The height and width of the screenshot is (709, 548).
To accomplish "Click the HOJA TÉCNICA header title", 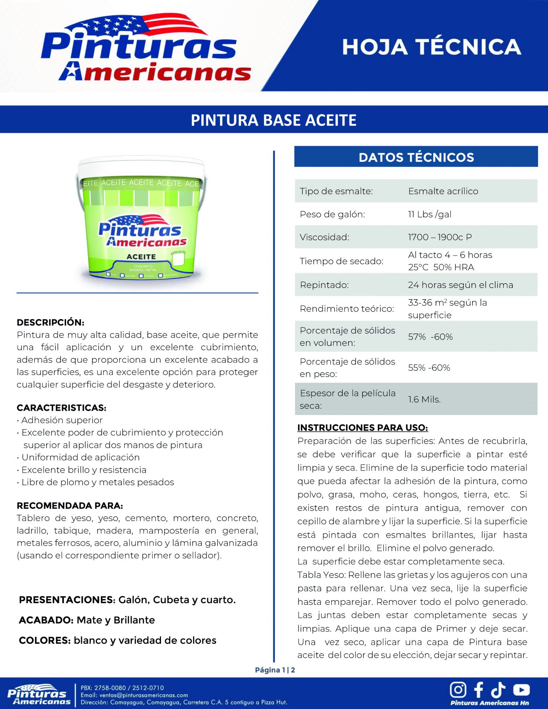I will tap(431, 47).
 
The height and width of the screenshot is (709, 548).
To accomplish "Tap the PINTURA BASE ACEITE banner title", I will tap(274, 120).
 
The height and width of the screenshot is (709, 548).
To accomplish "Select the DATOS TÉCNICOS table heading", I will tap(416, 157).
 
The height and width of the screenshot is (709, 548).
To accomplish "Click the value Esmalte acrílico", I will tap(443, 191).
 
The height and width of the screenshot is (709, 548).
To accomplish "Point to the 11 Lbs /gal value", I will tap(429, 214).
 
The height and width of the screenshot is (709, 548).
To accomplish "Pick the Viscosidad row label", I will tap(324, 237).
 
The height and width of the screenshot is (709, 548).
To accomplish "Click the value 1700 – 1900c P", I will tap(439, 237).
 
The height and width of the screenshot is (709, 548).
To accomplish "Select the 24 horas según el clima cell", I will tap(460, 285).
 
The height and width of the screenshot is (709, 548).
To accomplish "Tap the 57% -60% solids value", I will tap(430, 337).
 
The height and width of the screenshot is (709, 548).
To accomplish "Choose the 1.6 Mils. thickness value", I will tap(424, 399).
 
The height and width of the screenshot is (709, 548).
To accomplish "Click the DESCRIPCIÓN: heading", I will tap(50, 322).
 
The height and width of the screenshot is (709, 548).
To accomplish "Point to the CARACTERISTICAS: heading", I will tap(61, 408).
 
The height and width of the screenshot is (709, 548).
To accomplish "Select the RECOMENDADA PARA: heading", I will tap(70, 506).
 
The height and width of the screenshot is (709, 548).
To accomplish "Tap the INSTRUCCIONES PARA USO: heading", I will tap(362, 428).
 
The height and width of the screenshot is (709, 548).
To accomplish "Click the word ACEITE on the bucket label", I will tap(141, 257).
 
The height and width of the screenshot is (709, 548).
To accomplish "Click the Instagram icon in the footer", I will tap(458, 689).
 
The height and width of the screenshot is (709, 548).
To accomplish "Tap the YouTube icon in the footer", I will tap(521, 689).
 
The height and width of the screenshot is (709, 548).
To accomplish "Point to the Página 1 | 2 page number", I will tap(275, 670).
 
